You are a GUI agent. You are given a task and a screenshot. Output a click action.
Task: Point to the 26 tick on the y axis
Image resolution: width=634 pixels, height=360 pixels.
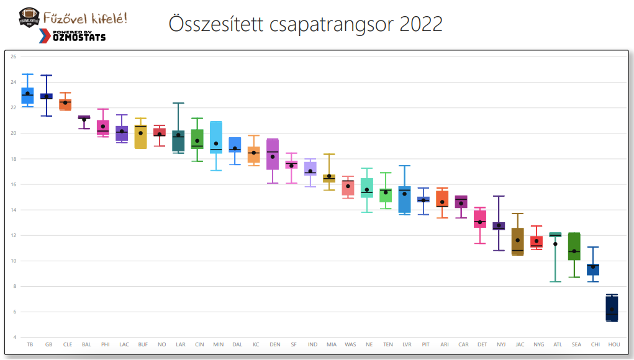[x=13, y=57]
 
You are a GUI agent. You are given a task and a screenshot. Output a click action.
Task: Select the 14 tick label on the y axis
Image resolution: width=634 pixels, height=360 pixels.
[x=13, y=210]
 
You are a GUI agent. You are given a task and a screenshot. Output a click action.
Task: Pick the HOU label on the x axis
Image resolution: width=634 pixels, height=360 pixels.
[x=614, y=344]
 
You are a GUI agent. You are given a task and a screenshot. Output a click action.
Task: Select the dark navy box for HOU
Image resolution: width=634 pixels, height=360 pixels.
[x=612, y=308]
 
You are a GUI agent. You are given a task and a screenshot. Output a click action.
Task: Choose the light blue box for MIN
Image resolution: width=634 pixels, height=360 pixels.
[x=217, y=137]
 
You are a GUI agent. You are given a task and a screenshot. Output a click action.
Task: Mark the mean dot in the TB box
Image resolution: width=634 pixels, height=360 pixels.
[x=28, y=94]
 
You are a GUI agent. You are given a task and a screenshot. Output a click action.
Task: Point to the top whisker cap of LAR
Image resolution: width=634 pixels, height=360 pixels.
[x=179, y=103]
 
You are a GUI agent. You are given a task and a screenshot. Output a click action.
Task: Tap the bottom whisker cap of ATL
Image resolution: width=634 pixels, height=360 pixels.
[x=555, y=282]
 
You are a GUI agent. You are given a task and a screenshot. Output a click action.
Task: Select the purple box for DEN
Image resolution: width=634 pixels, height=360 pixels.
[x=273, y=155]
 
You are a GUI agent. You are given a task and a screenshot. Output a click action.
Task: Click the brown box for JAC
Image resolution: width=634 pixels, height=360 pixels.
[x=518, y=241]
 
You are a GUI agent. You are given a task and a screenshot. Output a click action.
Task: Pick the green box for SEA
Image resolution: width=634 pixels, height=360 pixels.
[x=574, y=246]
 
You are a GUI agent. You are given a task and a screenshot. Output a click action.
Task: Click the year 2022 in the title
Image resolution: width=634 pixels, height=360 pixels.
[x=422, y=25]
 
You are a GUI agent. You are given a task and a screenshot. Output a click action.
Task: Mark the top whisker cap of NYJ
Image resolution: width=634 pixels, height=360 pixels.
[x=499, y=196]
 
